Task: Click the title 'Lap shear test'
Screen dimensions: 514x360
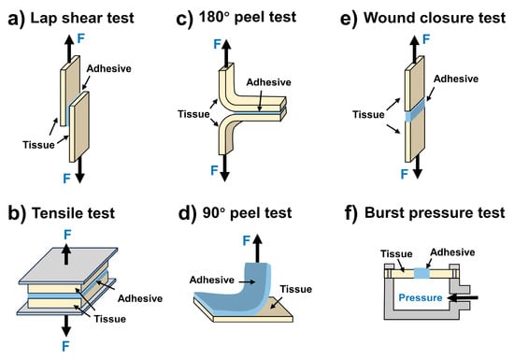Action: click(x=82, y=18)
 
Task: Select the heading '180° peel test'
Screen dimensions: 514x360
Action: click(x=248, y=17)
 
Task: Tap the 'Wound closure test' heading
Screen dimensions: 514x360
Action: click(x=435, y=18)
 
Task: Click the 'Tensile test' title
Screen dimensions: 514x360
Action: click(x=74, y=213)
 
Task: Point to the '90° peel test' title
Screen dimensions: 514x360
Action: click(x=247, y=213)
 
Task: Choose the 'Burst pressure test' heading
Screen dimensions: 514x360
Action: click(x=435, y=213)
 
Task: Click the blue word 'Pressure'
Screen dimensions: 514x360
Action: click(x=421, y=297)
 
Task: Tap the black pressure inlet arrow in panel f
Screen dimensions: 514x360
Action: click(x=464, y=297)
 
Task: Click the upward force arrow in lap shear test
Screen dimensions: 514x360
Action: click(x=69, y=49)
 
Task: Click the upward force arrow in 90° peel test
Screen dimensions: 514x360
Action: click(x=258, y=248)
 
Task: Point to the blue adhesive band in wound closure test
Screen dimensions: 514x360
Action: click(x=415, y=111)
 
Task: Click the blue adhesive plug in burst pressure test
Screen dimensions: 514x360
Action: click(x=422, y=273)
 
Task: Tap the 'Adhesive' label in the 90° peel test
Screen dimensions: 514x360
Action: click(x=212, y=280)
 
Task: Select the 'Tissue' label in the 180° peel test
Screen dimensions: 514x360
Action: click(x=193, y=114)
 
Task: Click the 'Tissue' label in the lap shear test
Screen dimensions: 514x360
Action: click(x=38, y=145)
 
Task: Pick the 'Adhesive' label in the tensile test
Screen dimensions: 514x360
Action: click(x=140, y=298)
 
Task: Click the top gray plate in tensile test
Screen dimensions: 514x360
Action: click(x=68, y=265)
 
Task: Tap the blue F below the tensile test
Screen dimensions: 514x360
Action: click(x=65, y=346)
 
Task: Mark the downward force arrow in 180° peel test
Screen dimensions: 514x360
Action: click(x=224, y=168)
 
